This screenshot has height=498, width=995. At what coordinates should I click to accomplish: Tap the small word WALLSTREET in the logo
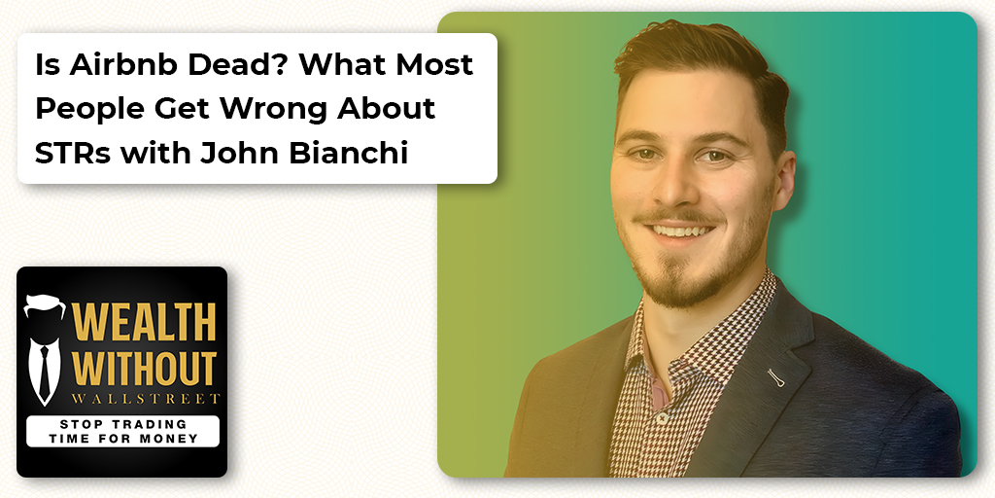pyautogui.click(x=146, y=399)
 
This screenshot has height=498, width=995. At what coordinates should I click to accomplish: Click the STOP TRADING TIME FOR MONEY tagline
pyautogui.click(x=122, y=431)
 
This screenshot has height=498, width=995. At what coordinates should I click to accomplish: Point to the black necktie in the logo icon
pyautogui.click(x=45, y=371)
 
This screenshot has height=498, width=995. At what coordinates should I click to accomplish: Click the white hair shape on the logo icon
pyautogui.click(x=45, y=304)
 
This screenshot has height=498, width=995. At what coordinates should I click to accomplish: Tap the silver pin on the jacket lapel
pyautogui.click(x=775, y=378)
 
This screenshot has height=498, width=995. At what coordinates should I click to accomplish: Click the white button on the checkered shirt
pyautogui.click(x=661, y=418)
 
